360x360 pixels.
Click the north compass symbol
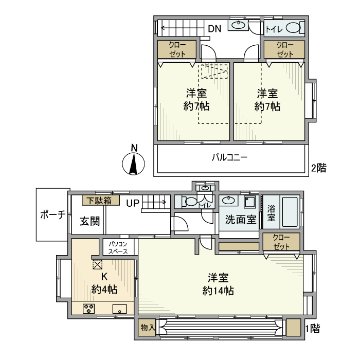pyautogui.click(x=133, y=163)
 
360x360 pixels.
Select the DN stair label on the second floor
pyautogui.click(x=214, y=29)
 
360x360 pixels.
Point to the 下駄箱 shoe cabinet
pyautogui.click(x=100, y=200)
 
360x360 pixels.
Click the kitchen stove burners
pyautogui.click(x=88, y=309)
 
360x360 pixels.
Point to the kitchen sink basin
pyautogui.click(x=120, y=309)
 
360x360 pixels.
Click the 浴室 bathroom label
pyautogui.click(x=271, y=213)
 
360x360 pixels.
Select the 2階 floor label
pyautogui.click(x=318, y=168)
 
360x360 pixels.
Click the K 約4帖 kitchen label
pyautogui.click(x=104, y=283)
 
